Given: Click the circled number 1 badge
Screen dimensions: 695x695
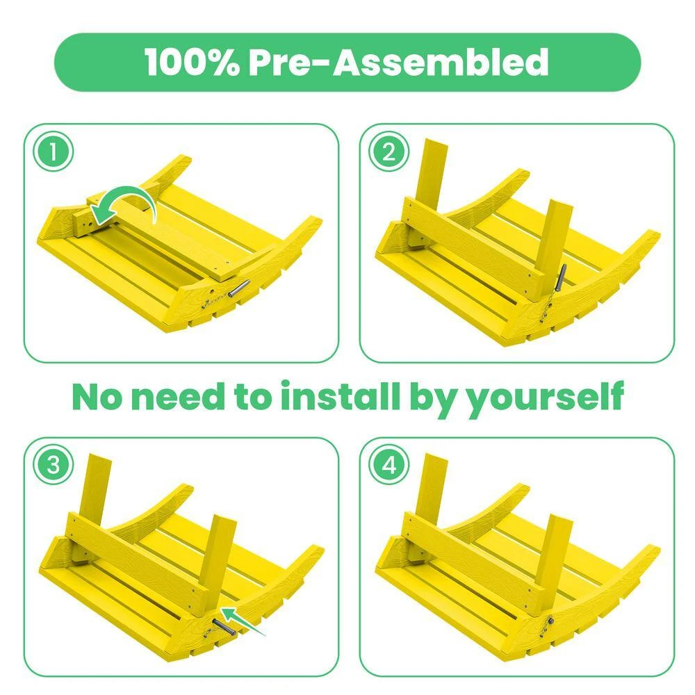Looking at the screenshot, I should pyautogui.click(x=53, y=152).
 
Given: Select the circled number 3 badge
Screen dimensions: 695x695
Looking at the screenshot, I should pyautogui.click(x=53, y=466).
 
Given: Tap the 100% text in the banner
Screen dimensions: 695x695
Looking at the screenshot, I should pyautogui.click(x=190, y=63).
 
